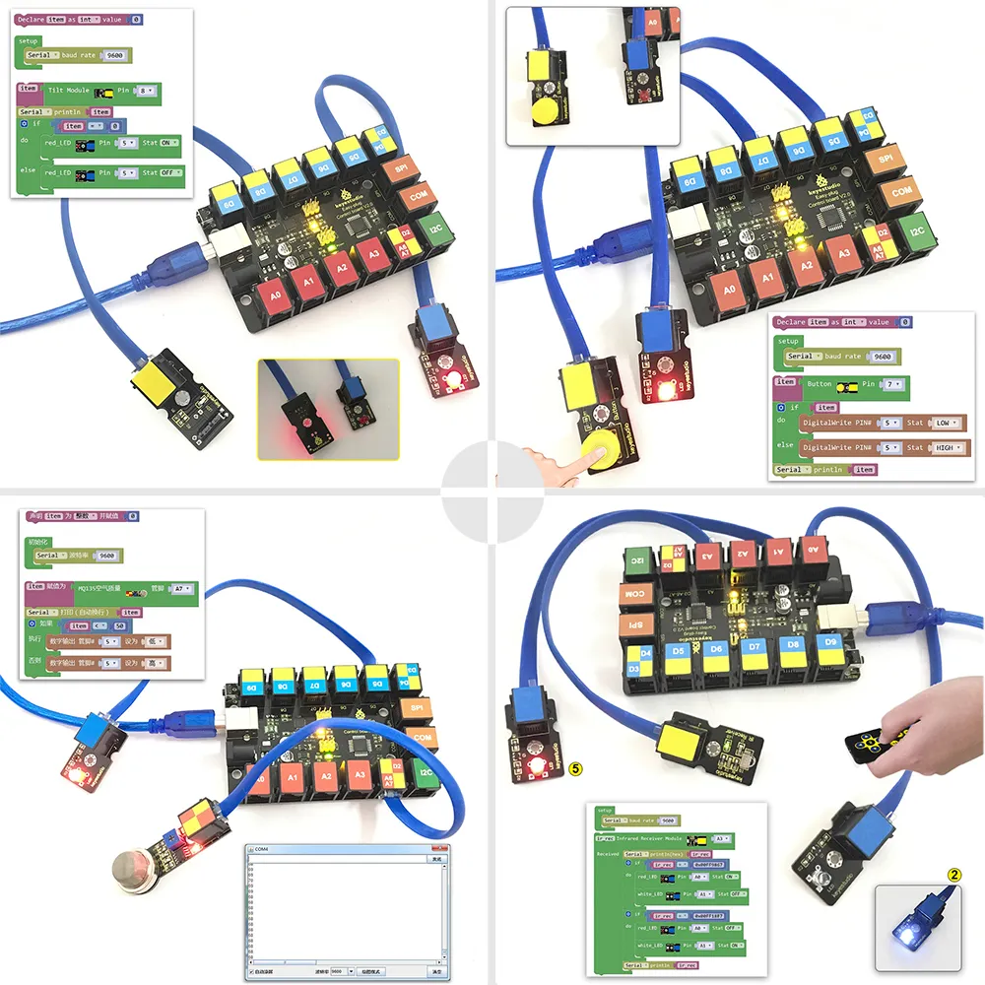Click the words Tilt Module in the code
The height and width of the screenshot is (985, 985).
click(69, 90)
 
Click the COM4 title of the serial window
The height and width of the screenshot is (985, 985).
click(262, 848)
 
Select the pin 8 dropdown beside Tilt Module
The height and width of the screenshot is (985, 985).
click(146, 90)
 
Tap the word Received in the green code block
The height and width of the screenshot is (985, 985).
click(608, 854)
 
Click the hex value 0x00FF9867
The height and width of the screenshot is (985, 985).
click(704, 864)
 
